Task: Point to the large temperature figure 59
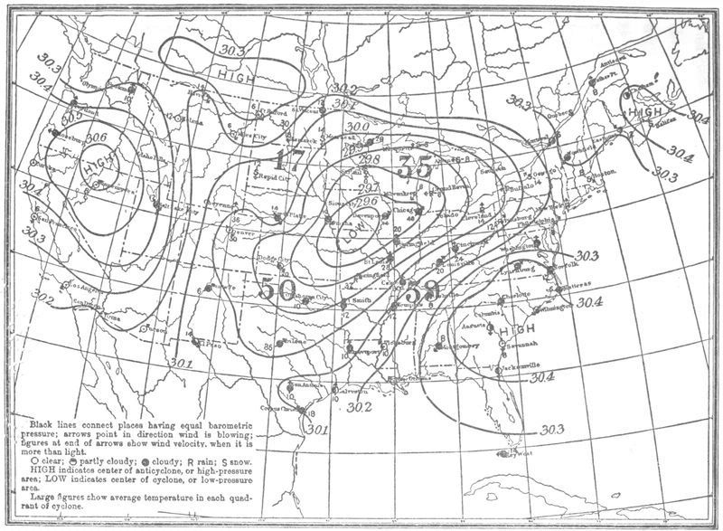[422, 293]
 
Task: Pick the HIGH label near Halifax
[648, 110]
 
